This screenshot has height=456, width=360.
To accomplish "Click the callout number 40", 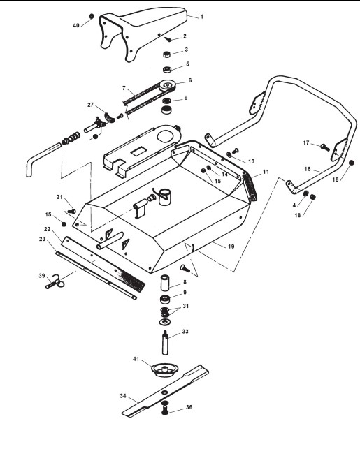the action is pos(76,26).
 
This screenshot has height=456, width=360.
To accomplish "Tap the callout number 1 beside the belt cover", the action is pos(202,17).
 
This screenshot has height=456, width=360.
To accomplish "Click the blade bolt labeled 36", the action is pos(165,406).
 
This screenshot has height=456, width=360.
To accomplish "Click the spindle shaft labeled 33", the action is pos(165,342).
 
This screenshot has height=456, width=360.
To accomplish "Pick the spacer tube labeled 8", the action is pos(165,282).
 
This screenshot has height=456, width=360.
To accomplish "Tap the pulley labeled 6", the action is pos(167,85).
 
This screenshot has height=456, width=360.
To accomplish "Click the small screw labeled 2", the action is pos(168,39).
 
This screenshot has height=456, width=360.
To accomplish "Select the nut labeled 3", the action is pos(166,54).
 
